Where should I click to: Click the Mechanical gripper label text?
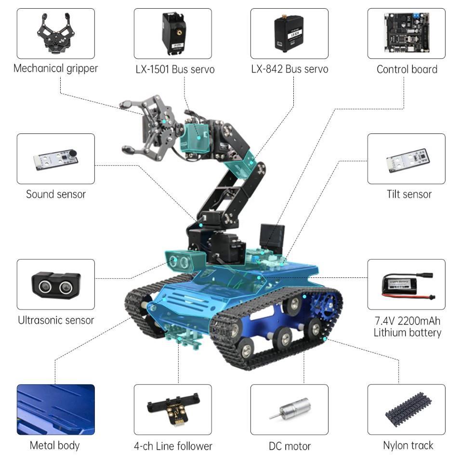55,68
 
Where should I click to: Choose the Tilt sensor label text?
409,194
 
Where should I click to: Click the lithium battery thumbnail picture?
406,284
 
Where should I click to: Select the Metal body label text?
54,445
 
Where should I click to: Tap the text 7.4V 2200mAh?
407,321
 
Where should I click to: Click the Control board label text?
407,69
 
